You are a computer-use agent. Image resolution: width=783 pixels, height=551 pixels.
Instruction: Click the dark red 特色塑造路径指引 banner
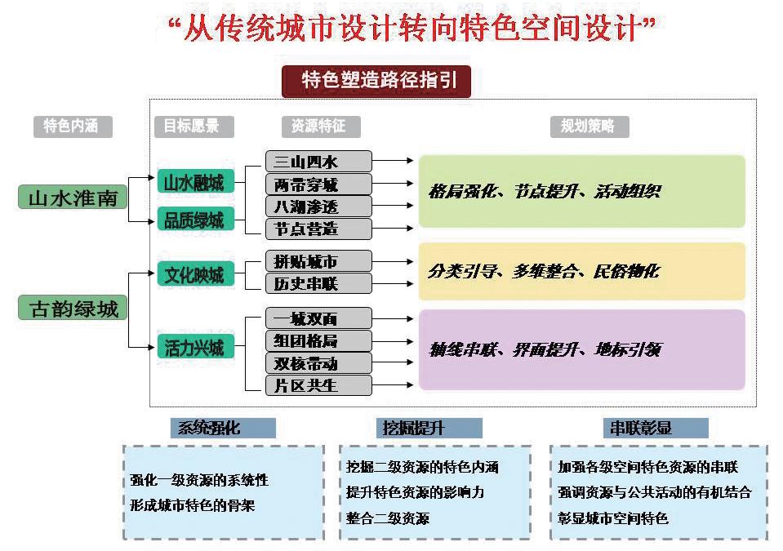376,82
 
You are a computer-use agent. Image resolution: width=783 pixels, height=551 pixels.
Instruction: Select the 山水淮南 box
73,198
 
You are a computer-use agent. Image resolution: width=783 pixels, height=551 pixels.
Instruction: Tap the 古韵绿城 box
73,309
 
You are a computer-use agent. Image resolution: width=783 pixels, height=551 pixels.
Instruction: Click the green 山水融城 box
196,181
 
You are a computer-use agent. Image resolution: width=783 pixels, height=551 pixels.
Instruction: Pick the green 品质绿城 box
196,220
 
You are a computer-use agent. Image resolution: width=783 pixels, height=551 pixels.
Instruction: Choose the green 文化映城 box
196,273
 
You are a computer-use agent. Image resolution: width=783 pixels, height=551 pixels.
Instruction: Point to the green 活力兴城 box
196,347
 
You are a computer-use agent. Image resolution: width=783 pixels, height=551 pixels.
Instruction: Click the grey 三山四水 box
318,162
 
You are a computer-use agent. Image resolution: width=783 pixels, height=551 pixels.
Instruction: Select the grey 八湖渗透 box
318,206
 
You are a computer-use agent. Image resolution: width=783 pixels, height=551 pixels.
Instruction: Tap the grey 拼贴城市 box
318,261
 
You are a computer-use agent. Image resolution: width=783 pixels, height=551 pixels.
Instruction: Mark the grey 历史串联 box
318,283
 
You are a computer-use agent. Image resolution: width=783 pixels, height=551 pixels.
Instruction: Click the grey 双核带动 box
318,362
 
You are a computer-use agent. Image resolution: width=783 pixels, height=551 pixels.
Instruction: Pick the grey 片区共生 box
318,384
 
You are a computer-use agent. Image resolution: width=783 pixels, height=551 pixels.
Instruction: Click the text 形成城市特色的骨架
192,505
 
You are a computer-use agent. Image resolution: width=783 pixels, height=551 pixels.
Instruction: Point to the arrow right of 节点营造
394,228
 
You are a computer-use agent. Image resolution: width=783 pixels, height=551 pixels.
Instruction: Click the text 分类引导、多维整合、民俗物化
543,271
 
